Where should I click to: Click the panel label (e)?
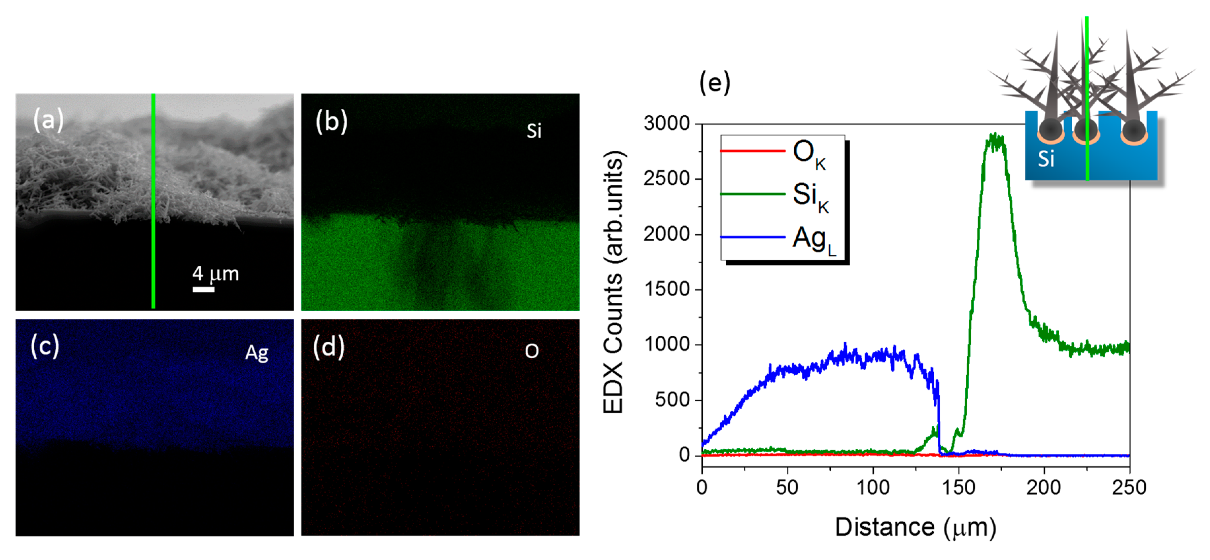(x=715, y=83)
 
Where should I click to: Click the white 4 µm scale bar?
(x=203, y=289)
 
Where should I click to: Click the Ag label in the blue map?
(x=256, y=352)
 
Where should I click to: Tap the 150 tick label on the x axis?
(x=958, y=487)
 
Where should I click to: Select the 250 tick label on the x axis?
(x=1129, y=487)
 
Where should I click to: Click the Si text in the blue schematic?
(x=1046, y=159)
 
